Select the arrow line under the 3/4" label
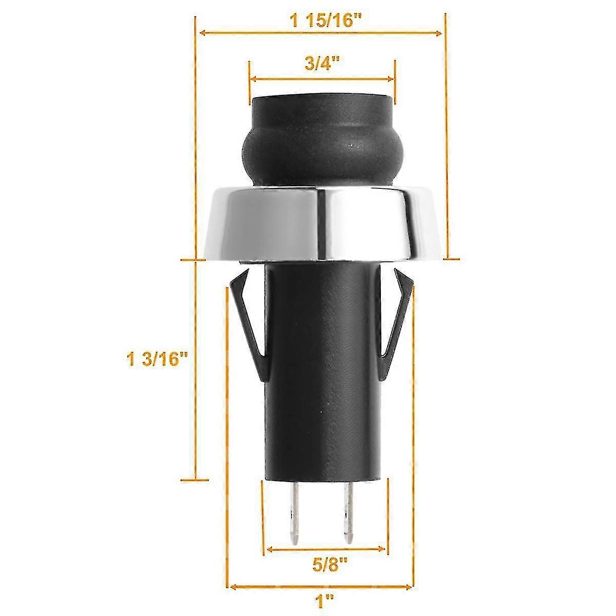point(322,79)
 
